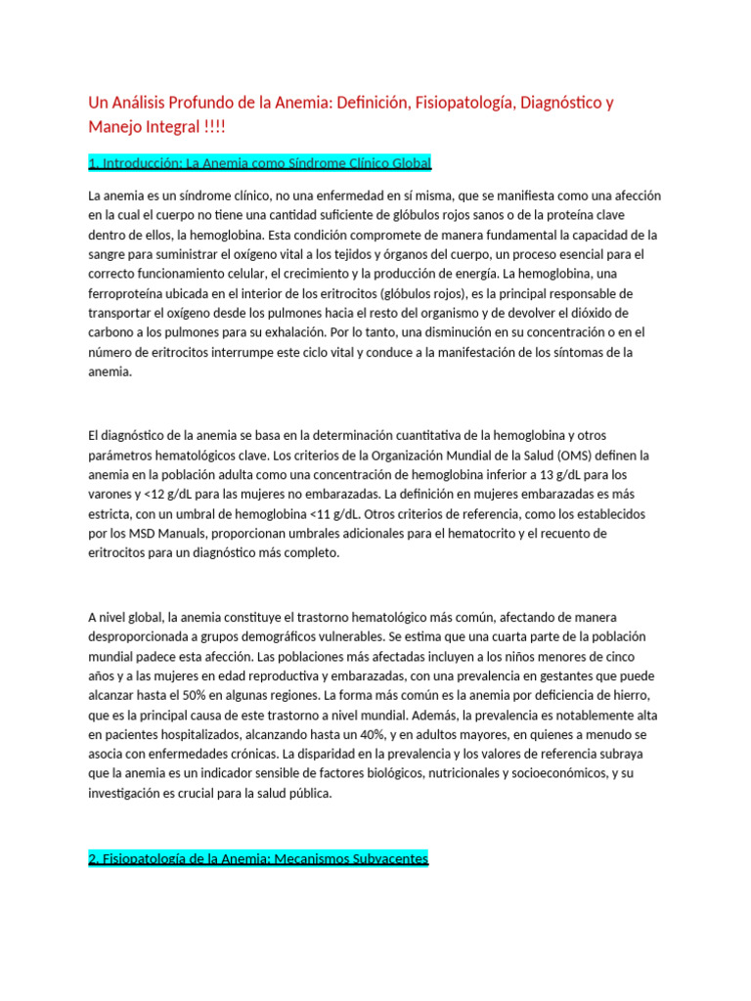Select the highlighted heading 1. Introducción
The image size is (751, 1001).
point(259,162)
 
